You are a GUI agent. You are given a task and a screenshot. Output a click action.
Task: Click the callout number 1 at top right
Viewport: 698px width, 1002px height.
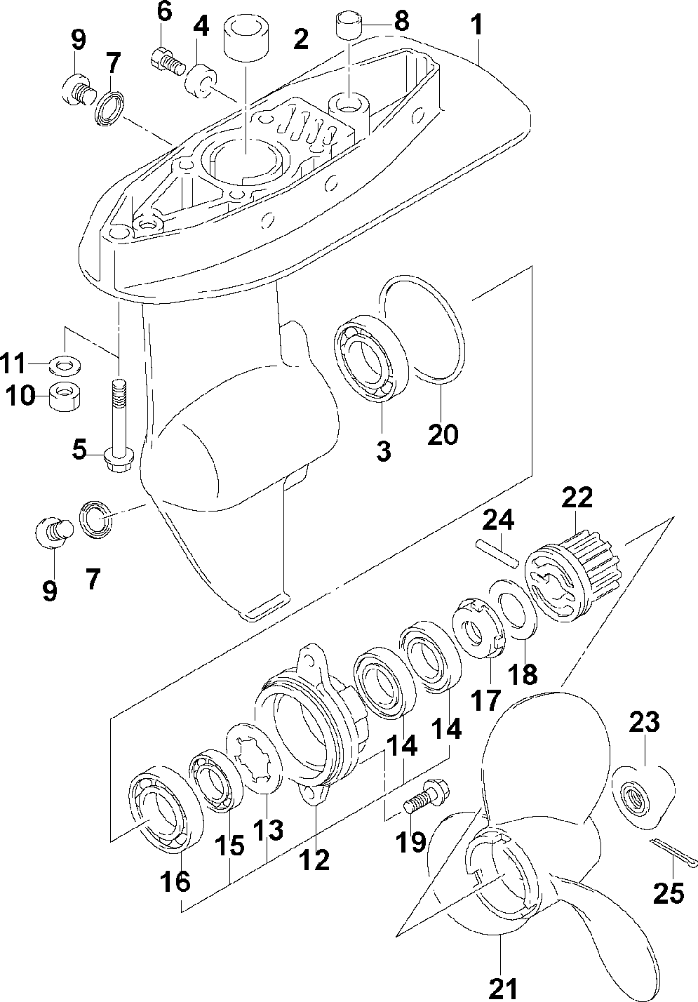coord(478,26)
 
